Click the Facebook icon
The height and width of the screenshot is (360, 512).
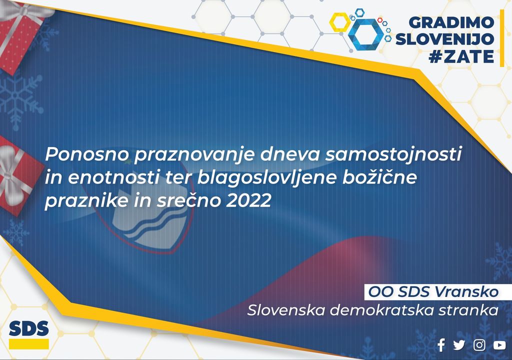(441, 345)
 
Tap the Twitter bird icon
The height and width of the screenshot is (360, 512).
(459, 345)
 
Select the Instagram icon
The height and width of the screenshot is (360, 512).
(479, 345)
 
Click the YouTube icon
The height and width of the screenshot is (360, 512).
(499, 345)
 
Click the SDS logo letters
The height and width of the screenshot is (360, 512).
(28, 328)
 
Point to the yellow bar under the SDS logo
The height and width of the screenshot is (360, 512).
(28, 344)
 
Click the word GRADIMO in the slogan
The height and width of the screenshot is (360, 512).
(451, 22)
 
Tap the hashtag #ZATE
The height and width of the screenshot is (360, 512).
(461, 56)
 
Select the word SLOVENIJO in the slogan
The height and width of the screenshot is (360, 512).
(444, 39)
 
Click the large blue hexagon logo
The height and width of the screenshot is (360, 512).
(365, 34)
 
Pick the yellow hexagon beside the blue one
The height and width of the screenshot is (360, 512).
(339, 22)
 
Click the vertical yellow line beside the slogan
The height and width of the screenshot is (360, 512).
(502, 38)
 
